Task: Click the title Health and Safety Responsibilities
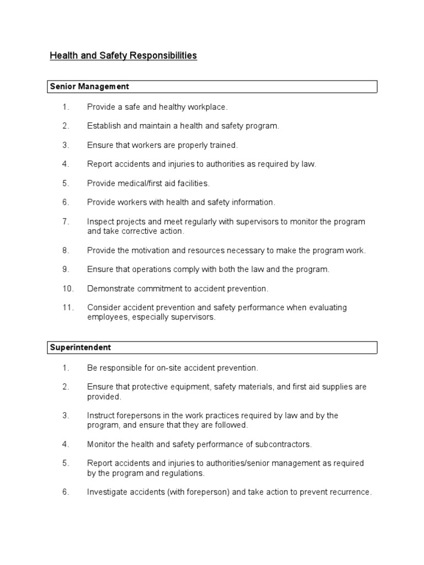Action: [x=123, y=56]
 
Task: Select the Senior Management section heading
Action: [x=89, y=87]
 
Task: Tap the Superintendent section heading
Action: [x=81, y=347]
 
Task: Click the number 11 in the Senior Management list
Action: [x=67, y=307]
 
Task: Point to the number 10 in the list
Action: [x=67, y=289]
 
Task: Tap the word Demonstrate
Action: [x=110, y=289]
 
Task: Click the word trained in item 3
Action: [x=222, y=145]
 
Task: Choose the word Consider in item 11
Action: [x=103, y=307]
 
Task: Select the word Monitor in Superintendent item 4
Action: [x=102, y=444]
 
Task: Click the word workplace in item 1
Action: [x=207, y=107]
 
